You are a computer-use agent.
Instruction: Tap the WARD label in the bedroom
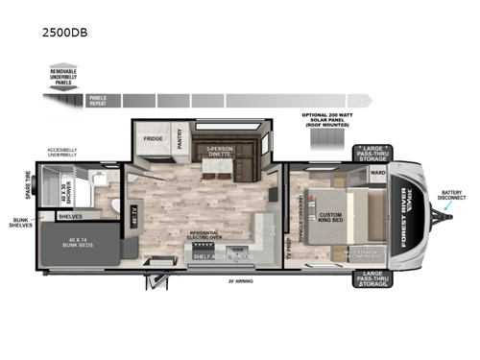coord(378,174)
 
